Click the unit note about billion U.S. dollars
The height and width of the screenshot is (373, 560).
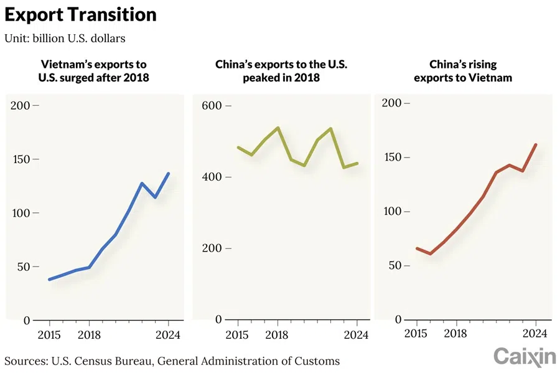[65, 39]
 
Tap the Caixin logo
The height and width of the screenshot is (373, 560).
[524, 357]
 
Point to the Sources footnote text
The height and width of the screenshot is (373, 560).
[172, 361]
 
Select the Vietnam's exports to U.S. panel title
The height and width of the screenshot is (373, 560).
[93, 71]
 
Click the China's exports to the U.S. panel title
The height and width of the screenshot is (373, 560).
[281, 71]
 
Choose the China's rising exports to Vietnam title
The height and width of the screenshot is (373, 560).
[464, 71]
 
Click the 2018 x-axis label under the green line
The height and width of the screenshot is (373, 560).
[277, 335]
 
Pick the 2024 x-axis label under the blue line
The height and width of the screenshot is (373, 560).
[168, 335]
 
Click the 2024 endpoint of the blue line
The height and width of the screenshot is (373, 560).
[168, 173]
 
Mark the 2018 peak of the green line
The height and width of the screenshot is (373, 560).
[278, 128]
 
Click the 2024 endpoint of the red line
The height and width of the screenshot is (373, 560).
[536, 144]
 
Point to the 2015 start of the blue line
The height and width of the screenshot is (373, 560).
[49, 280]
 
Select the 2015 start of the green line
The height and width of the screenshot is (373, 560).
[238, 148]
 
